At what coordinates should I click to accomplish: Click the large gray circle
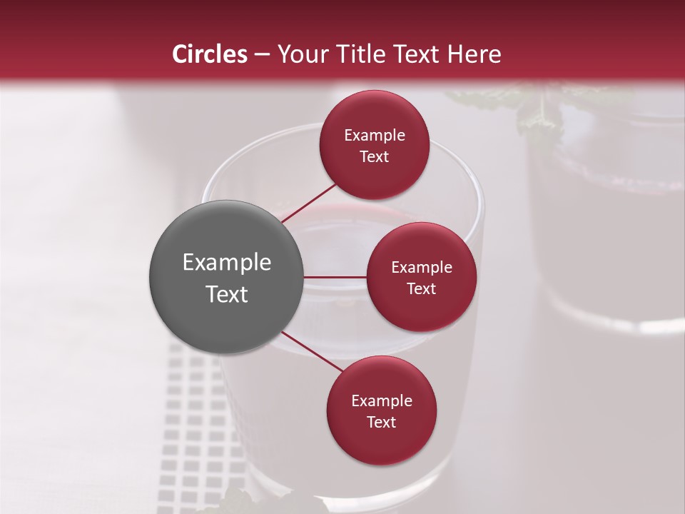tap(227, 277)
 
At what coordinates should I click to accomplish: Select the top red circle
tap(374, 145)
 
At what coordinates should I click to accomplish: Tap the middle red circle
tap(421, 277)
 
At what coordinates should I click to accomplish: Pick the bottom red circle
tap(381, 410)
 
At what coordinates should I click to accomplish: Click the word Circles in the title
tap(209, 54)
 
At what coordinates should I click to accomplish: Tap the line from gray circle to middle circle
tap(335, 277)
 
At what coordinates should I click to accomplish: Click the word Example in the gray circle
tap(227, 263)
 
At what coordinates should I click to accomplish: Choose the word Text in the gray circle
tap(227, 294)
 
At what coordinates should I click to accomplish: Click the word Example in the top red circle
tap(375, 135)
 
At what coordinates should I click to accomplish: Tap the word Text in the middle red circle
tap(421, 288)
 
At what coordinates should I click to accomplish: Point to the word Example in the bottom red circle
tap(382, 400)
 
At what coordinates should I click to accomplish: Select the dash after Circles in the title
tap(261, 54)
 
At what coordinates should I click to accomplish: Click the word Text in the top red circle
tap(374, 156)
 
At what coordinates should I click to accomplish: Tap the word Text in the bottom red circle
tap(381, 422)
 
